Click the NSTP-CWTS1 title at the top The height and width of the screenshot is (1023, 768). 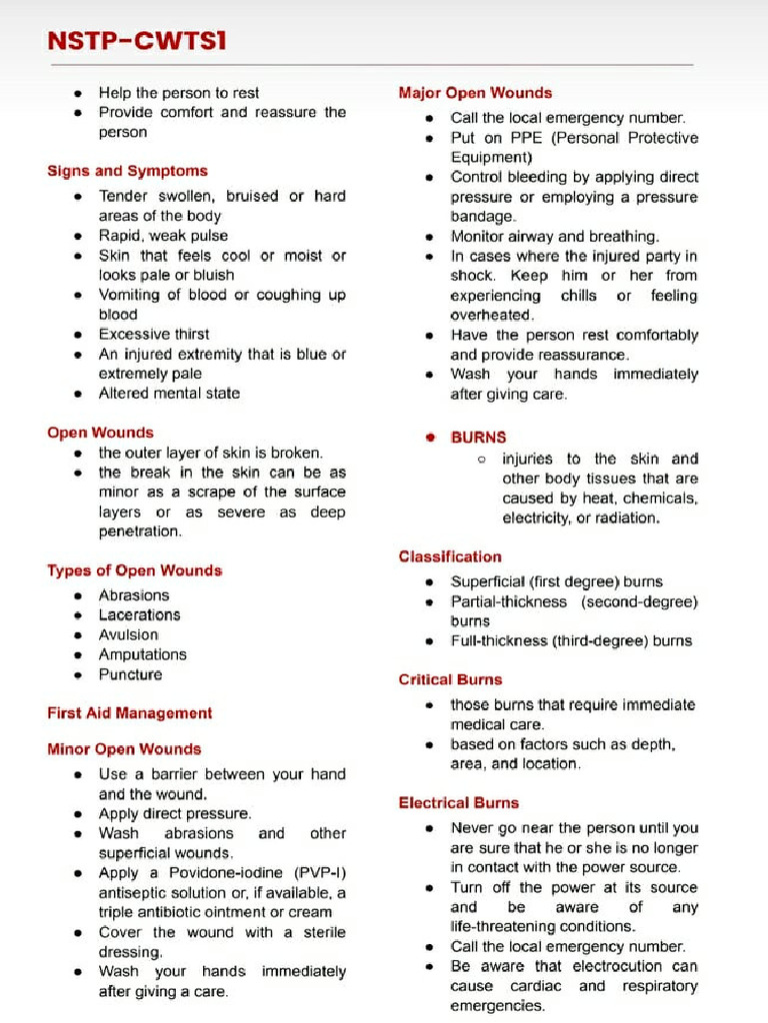click(x=137, y=40)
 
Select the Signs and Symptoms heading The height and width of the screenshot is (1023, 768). click(x=127, y=171)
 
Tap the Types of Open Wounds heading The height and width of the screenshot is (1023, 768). click(x=134, y=570)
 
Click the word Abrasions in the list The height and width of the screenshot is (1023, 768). click(x=134, y=595)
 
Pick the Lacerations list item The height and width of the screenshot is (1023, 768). click(x=139, y=615)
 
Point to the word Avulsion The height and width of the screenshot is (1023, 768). click(x=128, y=635)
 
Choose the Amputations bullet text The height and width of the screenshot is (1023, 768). click(x=142, y=654)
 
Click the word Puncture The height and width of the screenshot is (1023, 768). click(x=130, y=674)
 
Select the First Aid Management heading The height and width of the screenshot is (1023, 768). click(x=129, y=713)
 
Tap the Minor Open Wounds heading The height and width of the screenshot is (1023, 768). click(x=124, y=749)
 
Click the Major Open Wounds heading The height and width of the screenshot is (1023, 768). click(x=475, y=93)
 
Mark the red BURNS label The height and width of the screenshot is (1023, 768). click(x=478, y=438)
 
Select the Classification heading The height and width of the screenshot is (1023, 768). click(x=450, y=556)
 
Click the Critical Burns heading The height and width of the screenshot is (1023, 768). click(x=450, y=679)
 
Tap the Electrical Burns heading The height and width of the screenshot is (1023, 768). click(x=459, y=803)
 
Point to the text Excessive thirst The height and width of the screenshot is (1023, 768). click(x=154, y=334)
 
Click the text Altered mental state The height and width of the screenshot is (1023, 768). click(x=169, y=394)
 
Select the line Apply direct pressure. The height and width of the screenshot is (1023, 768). click(x=175, y=814)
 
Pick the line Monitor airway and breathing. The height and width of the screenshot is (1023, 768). click(x=555, y=237)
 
